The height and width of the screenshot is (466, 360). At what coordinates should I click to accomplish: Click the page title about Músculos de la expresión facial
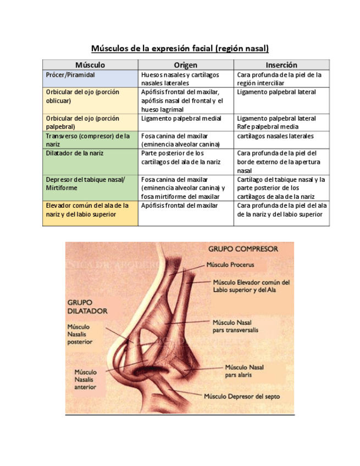[x=180, y=48]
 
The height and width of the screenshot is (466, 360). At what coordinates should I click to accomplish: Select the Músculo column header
[x=90, y=65]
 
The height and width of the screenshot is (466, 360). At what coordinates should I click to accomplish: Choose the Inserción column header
[x=281, y=65]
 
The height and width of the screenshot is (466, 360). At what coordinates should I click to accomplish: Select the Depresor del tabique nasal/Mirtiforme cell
[x=85, y=184]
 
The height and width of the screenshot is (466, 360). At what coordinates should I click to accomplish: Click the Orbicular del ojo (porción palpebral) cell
[x=82, y=122]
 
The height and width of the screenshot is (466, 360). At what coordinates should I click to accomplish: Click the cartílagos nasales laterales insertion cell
[x=275, y=136]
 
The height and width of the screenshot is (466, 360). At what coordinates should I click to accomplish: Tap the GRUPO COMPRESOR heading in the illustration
[x=243, y=248]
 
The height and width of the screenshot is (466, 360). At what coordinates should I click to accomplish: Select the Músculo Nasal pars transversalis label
[x=235, y=326]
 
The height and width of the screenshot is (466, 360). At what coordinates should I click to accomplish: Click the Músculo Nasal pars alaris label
[x=244, y=371]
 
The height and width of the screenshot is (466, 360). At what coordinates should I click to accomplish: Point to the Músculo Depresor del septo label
[x=242, y=396]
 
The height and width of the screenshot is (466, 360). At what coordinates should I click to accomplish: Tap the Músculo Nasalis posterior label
[x=80, y=334]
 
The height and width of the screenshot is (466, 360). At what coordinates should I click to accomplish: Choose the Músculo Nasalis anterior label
[x=85, y=379]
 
